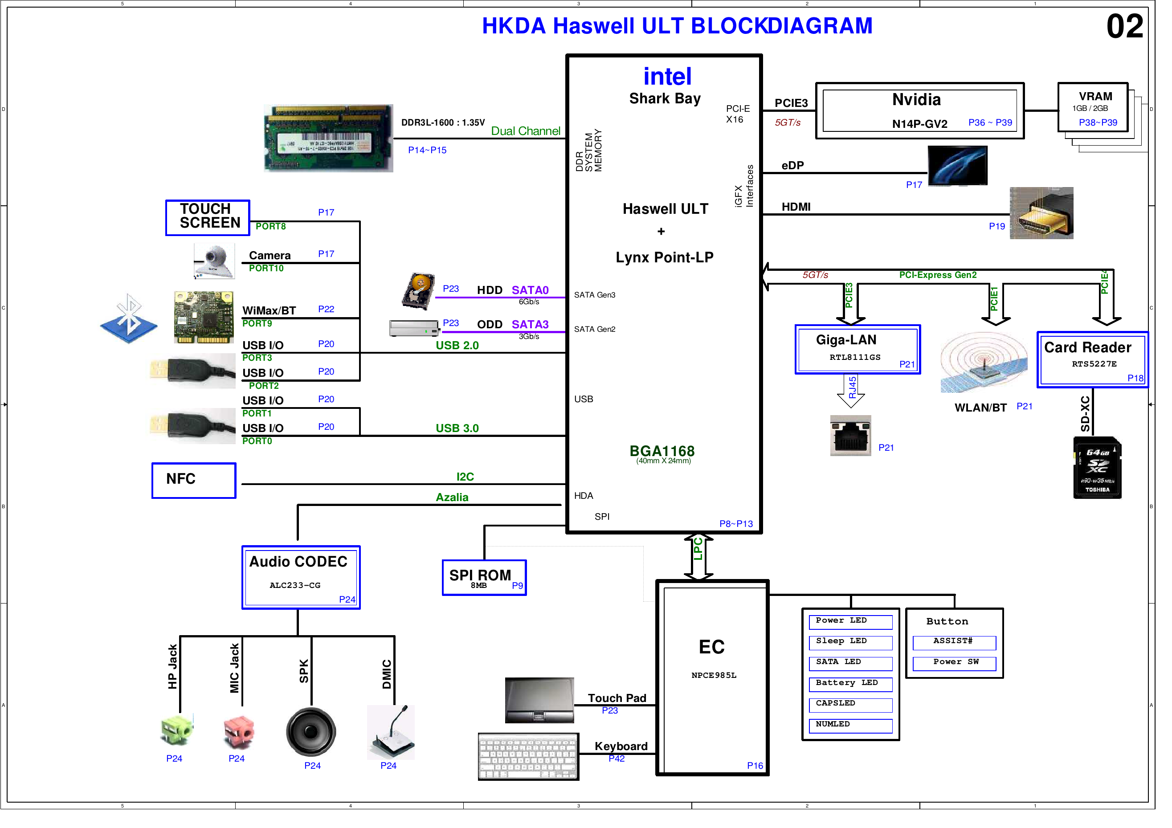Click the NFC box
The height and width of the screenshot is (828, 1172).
(x=193, y=480)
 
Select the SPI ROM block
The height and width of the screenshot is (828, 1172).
(x=483, y=577)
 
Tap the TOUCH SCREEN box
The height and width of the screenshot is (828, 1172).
(x=207, y=217)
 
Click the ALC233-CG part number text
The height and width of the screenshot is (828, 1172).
(x=294, y=585)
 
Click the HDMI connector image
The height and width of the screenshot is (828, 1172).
(x=1041, y=213)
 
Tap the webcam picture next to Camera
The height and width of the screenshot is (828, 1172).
(x=214, y=261)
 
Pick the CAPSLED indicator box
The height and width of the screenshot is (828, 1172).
(x=850, y=704)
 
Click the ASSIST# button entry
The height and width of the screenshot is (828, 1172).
(x=954, y=642)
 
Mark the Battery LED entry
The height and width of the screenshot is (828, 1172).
(x=850, y=683)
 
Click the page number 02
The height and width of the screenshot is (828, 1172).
(x=1124, y=27)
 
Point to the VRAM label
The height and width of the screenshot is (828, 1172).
(x=1095, y=97)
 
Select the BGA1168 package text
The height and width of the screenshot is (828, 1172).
(x=662, y=451)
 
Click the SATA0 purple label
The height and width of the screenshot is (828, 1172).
(x=530, y=290)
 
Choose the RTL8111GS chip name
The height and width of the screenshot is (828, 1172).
(x=854, y=357)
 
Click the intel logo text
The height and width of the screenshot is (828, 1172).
(x=667, y=77)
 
